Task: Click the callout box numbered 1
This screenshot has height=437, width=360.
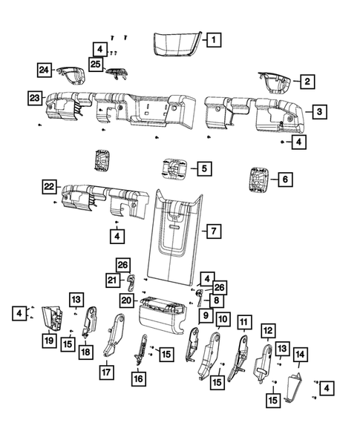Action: [212, 40]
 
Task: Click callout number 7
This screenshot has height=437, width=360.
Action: [212, 231]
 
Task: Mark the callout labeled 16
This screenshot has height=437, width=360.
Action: [138, 378]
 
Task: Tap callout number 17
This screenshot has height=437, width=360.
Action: [108, 373]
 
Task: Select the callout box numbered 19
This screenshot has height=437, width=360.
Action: [48, 341]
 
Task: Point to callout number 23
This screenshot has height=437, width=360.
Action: [35, 97]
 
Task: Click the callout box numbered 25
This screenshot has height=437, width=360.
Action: [95, 65]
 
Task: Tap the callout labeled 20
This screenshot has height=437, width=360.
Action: [126, 300]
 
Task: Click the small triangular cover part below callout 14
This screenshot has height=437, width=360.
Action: [294, 387]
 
